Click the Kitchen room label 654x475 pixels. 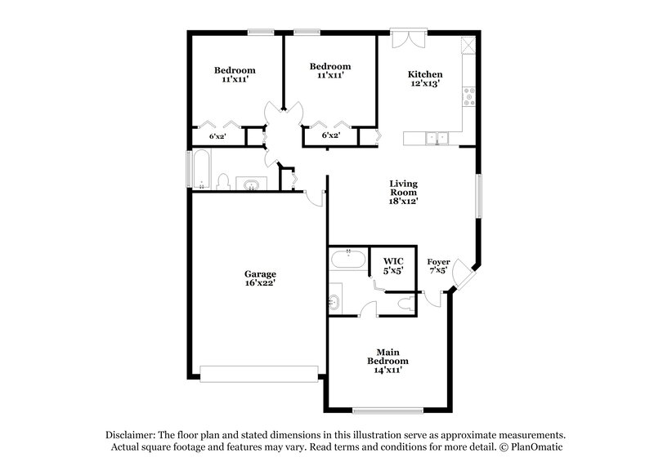click(x=424, y=78)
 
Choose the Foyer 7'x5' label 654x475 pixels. click(x=438, y=267)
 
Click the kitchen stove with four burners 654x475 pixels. click(x=470, y=97)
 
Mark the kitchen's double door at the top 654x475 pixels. click(x=408, y=38)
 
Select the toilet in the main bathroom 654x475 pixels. click(x=400, y=304)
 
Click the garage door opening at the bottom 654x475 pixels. click(x=259, y=373)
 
